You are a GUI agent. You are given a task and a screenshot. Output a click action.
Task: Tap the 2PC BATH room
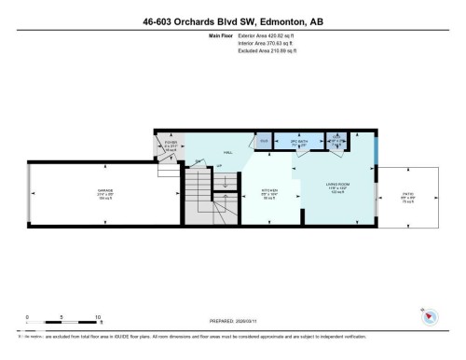click(x=300, y=143)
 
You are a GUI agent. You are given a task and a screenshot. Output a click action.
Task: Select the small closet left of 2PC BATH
click(x=264, y=141)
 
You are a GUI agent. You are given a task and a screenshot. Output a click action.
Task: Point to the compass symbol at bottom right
click(x=431, y=316)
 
